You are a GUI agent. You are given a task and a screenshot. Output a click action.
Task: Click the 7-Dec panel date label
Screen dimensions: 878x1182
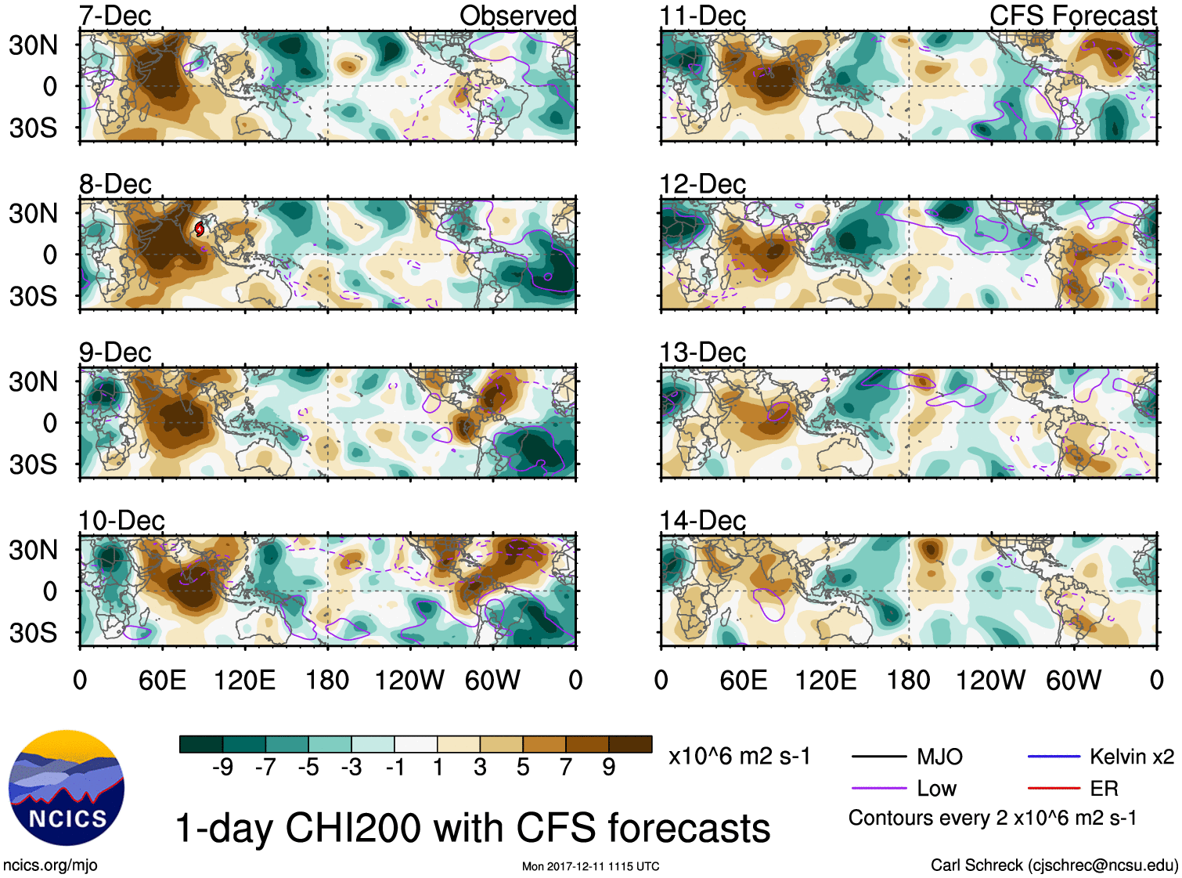115,16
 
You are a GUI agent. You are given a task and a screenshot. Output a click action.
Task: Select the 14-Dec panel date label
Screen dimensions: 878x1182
702,521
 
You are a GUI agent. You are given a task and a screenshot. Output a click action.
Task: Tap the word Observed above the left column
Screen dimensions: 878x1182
517,16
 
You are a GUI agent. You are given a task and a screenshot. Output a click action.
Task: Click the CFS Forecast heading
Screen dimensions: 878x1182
1072,16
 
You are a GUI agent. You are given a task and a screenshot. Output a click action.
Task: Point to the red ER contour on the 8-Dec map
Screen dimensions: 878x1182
200,229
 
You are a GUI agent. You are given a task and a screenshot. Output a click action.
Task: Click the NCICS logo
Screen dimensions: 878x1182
67,788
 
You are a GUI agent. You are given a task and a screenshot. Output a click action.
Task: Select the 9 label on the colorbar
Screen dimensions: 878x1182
609,767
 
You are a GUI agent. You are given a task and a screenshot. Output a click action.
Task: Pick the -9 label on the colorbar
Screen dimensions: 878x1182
222,767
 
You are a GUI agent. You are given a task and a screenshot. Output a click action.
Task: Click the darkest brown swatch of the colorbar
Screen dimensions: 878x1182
630,744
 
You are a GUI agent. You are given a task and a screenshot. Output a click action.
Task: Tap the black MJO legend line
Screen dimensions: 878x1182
878,757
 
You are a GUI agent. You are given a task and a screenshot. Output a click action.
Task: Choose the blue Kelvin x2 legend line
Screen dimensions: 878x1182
1054,757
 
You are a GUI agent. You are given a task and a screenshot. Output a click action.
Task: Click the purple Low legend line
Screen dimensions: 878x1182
878,788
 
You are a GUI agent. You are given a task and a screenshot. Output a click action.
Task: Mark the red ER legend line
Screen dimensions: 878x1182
1054,788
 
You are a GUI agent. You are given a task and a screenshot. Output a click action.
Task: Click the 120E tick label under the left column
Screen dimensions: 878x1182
244,680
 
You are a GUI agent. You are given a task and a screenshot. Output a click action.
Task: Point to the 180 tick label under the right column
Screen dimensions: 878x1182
908,680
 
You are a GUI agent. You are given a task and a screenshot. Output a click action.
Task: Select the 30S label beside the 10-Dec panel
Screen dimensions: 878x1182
34,633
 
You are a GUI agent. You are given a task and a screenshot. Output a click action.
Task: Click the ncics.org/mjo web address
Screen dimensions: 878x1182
50,865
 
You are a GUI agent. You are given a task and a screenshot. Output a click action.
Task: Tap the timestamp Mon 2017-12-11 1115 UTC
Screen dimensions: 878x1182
590,866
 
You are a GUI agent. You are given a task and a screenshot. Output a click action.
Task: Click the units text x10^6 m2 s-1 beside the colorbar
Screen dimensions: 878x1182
739,757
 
